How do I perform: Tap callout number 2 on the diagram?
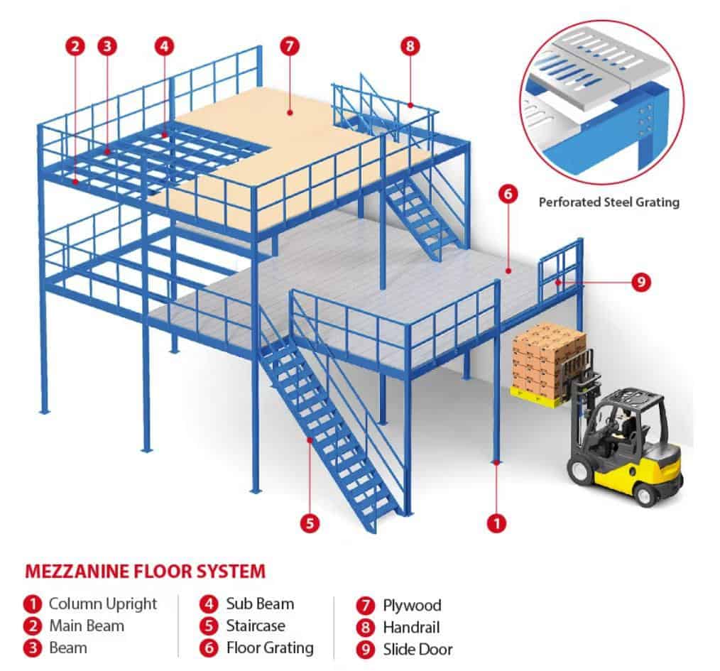tap(76, 48)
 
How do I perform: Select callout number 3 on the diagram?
tap(107, 48)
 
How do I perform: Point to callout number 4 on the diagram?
tap(164, 47)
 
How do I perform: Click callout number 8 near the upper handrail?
tap(410, 47)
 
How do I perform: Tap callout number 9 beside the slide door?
tap(640, 282)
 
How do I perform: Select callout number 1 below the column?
tap(496, 524)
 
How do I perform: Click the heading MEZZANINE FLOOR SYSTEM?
tap(145, 570)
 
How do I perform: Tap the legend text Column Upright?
tap(103, 604)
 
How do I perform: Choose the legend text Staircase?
tap(256, 626)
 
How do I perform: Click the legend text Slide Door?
tap(418, 649)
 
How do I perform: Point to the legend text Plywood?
tap(412, 606)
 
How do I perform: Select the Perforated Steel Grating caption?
tap(609, 202)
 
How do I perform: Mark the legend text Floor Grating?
tap(270, 648)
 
